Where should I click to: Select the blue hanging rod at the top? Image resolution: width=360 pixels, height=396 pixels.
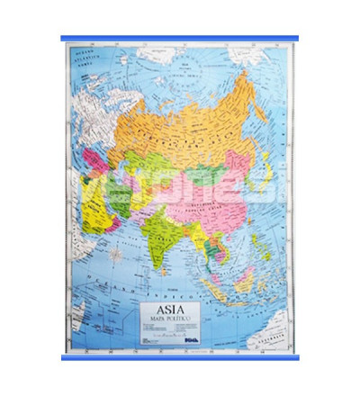[x=180, y=39]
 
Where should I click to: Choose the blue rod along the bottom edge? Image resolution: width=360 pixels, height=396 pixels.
[x=180, y=358]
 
